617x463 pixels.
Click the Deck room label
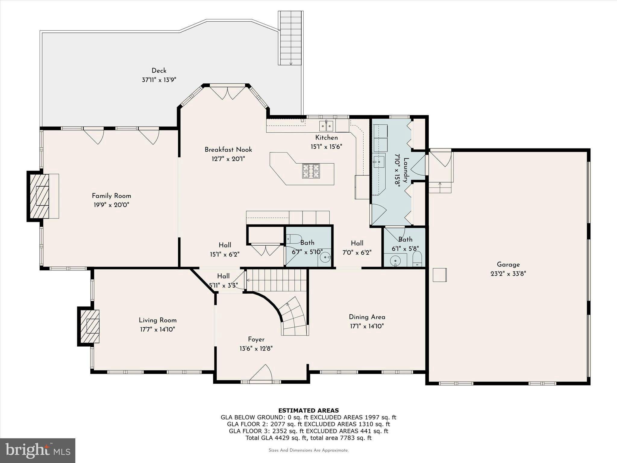[159, 71]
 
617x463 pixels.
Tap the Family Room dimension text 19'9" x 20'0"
[111, 205]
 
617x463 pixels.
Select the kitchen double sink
[326, 126]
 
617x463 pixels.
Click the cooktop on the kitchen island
[311, 171]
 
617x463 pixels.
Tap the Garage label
[508, 264]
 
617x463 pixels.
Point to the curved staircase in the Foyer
[294, 318]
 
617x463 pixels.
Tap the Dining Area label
[367, 317]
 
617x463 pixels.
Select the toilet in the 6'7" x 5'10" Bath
[294, 239]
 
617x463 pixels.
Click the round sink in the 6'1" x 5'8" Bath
[395, 261]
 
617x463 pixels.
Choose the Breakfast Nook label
[228, 150]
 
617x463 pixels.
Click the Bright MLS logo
[38, 450]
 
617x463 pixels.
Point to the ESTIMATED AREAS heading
[308, 410]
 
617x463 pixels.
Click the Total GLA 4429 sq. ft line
[308, 438]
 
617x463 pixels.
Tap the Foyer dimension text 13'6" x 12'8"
[256, 349]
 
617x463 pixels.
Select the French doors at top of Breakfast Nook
[228, 93]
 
